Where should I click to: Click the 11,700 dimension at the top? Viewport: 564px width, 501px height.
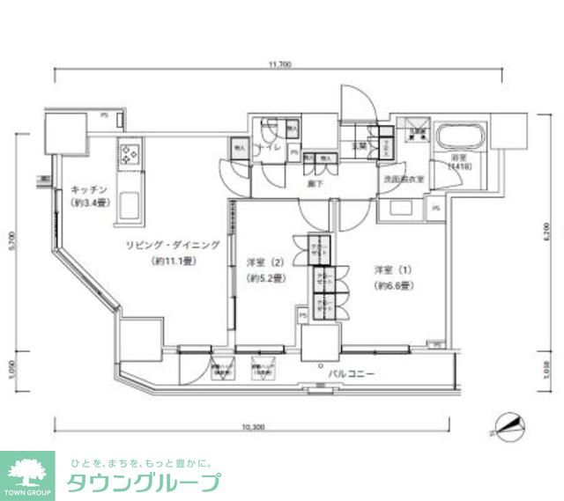click(282, 64)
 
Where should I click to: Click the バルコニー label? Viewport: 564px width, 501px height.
click(352, 375)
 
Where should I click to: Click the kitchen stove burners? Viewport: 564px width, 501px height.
click(130, 156)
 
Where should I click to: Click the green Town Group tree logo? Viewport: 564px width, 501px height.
click(28, 472)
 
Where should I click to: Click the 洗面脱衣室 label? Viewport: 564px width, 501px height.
click(404, 179)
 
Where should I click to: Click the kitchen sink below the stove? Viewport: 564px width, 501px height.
click(130, 204)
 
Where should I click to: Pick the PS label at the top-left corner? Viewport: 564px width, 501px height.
click(104, 115)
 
